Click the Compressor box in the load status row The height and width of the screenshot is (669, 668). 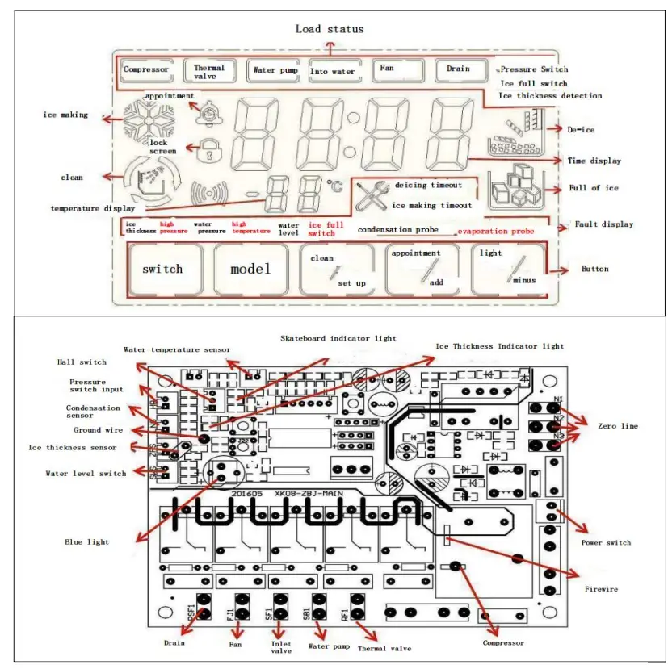[146, 70]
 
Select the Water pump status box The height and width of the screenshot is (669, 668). [275, 71]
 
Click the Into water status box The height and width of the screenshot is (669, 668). [333, 72]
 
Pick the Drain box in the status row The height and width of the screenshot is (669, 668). [458, 69]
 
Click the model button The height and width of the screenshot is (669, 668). [251, 269]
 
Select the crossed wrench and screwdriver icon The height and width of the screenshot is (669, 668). [372, 196]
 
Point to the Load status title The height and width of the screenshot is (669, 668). [330, 29]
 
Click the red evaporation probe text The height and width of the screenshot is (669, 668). [495, 231]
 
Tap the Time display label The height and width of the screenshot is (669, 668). [594, 161]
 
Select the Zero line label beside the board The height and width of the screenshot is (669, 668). [617, 425]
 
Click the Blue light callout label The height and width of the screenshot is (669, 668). [88, 541]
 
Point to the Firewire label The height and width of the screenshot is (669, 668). [601, 589]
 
